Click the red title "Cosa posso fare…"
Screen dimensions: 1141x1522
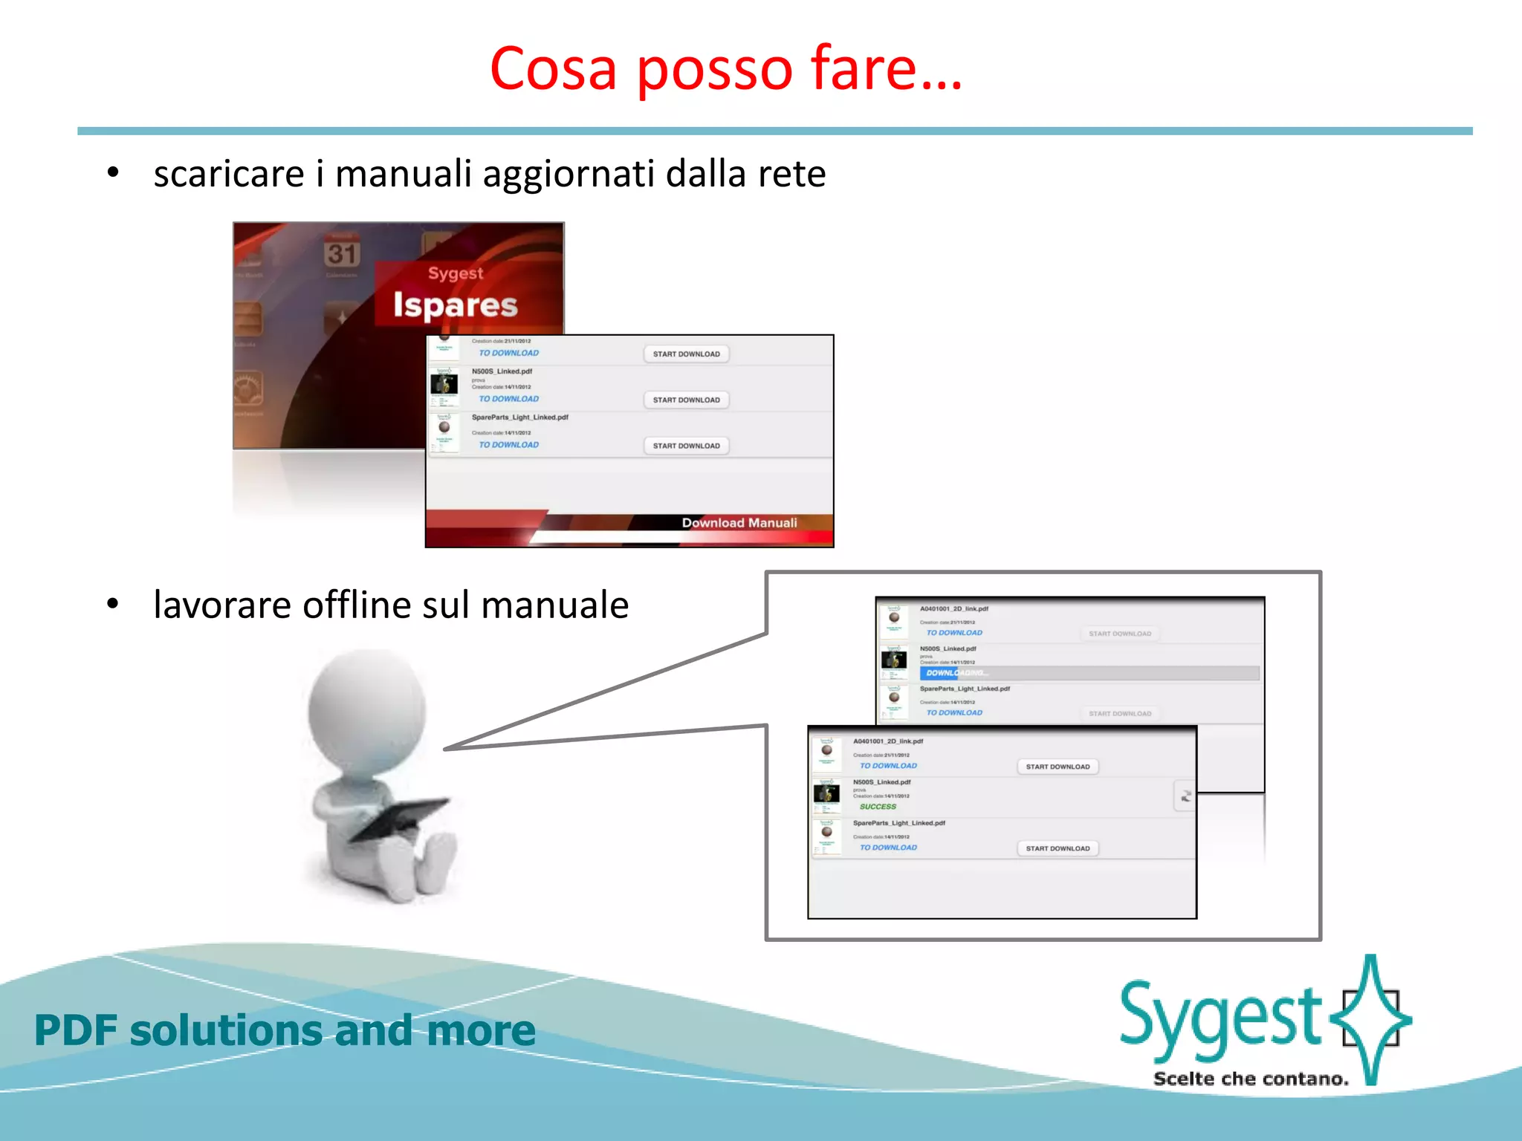pos(725,68)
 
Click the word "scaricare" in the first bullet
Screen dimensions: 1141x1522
pos(228,174)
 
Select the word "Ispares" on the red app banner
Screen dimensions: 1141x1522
pos(455,305)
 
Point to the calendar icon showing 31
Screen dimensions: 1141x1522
pos(342,253)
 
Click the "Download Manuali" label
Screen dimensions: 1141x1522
pos(739,523)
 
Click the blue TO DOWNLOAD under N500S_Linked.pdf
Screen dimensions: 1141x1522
pos(508,399)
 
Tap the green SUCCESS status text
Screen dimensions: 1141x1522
pos(878,807)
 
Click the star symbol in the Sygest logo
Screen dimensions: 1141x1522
pos(1370,1018)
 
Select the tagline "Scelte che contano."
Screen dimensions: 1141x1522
pos(1251,1079)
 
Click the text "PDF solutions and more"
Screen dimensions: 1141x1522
pos(285,1030)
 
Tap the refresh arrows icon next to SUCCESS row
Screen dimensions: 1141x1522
pos(1185,796)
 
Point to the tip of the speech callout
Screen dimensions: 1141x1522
pos(447,749)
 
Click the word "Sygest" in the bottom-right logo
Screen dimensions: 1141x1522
pos(1219,1018)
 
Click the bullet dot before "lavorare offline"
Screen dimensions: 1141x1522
pos(112,603)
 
